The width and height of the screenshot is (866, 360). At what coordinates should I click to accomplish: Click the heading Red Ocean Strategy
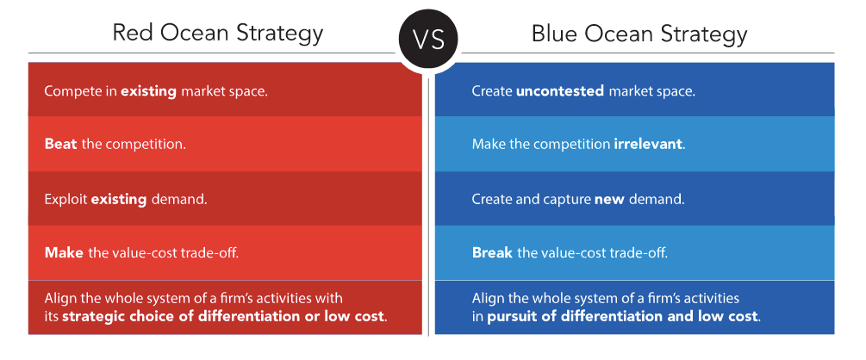(x=218, y=34)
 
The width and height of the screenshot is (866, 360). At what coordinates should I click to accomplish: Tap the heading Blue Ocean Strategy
(x=639, y=34)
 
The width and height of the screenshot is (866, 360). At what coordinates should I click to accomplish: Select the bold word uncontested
(x=559, y=91)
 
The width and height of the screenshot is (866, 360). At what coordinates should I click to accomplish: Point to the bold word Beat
(x=61, y=145)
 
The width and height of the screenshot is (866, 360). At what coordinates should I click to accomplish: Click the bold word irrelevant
(x=648, y=145)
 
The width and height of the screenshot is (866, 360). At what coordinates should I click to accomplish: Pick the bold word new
(x=608, y=199)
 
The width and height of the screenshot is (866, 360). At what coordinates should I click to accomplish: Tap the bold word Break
(x=492, y=253)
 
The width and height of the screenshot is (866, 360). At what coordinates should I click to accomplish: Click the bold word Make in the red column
(x=64, y=253)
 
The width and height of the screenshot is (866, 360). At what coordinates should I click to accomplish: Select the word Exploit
(x=65, y=199)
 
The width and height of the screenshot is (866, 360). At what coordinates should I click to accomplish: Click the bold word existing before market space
(x=148, y=91)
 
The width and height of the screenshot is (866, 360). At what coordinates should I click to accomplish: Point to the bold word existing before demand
(x=119, y=199)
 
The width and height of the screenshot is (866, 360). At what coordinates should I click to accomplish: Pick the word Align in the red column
(x=59, y=299)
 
